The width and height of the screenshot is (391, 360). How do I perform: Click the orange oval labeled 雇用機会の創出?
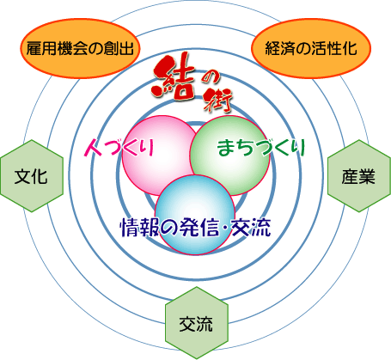coord(80,48)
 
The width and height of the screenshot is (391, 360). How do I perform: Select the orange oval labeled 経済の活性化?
coord(311,48)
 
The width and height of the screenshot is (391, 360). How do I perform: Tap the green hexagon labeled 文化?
coord(32,176)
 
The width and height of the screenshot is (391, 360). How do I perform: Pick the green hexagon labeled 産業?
coord(359,176)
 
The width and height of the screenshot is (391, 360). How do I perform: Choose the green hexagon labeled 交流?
coord(197,323)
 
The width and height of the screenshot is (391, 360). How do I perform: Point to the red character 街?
coord(217,101)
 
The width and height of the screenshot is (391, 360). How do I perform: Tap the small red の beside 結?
coord(211,78)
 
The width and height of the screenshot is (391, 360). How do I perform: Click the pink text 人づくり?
coord(119,148)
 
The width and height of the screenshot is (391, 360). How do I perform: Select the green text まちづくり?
coord(261,148)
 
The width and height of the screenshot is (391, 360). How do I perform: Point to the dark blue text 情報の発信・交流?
coord(195,228)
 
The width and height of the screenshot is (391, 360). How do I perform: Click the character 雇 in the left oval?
coord(34,48)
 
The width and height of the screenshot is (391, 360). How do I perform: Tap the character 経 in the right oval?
coord(273,48)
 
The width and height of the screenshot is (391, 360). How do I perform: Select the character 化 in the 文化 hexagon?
coord(40,176)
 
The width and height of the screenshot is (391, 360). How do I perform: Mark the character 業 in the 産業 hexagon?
coord(367,176)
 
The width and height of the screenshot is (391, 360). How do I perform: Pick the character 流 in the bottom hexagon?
coord(205,324)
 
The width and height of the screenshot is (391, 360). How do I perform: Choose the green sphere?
coord(229,156)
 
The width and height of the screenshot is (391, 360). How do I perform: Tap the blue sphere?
coord(195,215)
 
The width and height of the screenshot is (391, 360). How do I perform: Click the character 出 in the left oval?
coord(126,48)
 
